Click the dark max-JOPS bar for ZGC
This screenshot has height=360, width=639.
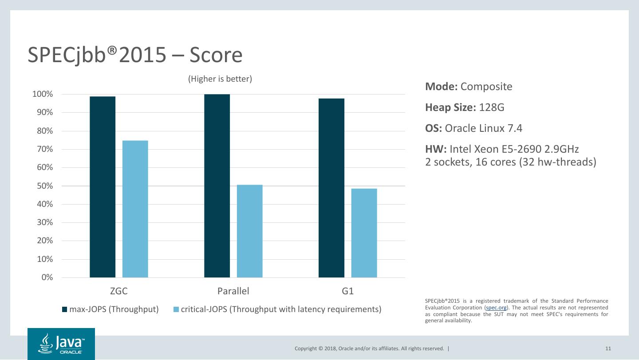pos(103,187)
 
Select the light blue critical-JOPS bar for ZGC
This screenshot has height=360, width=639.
pos(135,209)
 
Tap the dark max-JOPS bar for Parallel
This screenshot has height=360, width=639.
pos(217,186)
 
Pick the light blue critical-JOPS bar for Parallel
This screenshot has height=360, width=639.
pos(250,231)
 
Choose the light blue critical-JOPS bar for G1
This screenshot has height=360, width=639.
pos(364,233)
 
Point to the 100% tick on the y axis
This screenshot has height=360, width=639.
pos(43,95)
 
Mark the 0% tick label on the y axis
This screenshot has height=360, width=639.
pos(47,278)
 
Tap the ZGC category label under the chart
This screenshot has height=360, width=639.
pos(119,292)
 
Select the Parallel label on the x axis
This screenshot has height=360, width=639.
pos(233,292)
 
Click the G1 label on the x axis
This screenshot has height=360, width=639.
pos(348,292)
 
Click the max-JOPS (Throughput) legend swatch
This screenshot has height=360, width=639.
pos(64,309)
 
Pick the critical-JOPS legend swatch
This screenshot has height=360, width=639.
pos(176,309)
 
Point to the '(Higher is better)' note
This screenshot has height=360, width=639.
pos(220,79)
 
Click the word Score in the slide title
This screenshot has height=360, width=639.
pos(216,55)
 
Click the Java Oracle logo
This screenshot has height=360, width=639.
pos(61,344)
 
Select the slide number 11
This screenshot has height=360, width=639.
pos(608,348)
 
